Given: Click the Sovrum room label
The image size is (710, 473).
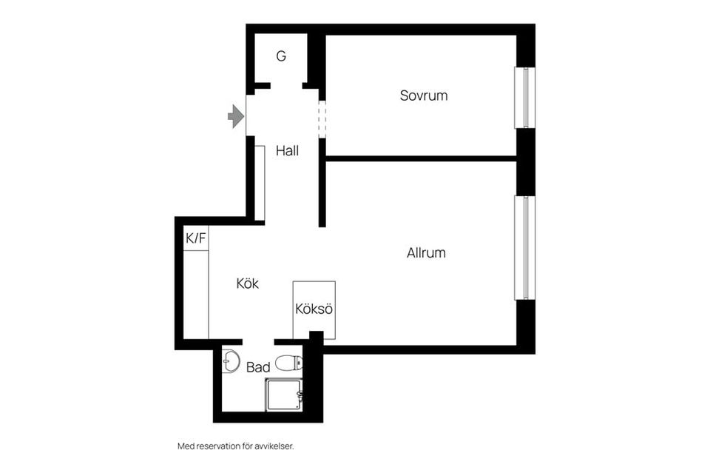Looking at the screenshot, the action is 423,95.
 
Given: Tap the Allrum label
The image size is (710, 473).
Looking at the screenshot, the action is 426,253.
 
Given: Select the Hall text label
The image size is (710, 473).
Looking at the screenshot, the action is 287,151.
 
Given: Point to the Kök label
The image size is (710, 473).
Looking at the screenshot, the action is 247,284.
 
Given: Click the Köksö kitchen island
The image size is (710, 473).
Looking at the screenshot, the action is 314,309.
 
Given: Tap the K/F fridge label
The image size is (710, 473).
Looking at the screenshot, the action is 195,238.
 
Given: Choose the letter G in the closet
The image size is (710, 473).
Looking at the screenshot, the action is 281,56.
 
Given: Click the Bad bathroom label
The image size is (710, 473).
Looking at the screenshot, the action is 258,367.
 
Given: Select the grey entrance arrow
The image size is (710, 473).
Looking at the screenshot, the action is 236,116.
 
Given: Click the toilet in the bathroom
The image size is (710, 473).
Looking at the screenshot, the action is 289,363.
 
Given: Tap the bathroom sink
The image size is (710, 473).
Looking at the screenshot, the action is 231,361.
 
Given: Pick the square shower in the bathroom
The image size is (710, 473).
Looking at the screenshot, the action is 284,395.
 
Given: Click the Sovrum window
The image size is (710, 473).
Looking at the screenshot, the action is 525,98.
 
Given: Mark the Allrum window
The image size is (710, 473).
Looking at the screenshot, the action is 525,248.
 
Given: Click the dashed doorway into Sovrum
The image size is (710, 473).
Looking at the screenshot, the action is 322,119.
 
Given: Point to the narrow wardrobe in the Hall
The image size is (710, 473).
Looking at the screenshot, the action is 260,183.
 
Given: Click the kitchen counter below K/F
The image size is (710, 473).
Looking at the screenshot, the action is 195,295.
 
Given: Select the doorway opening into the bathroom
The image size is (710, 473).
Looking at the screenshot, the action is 259,342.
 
